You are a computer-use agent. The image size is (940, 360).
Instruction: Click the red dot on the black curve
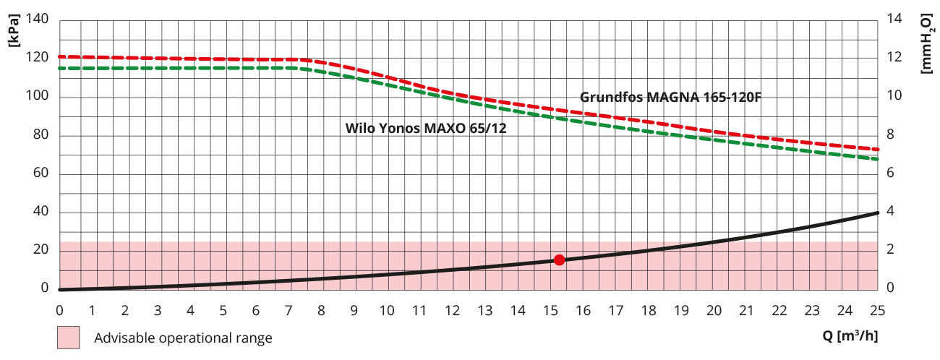559,260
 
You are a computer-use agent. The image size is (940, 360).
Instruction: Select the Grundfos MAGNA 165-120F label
670,97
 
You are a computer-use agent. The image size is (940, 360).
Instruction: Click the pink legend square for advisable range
69,338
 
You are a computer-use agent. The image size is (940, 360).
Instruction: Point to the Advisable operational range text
183,338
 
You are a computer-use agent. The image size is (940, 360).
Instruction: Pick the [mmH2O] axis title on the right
927,42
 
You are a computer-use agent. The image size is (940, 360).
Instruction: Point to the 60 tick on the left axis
40,173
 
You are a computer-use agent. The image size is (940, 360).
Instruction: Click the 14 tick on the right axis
894,20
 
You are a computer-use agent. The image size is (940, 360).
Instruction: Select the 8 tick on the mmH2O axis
891,134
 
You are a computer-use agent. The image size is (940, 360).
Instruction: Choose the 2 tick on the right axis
891,249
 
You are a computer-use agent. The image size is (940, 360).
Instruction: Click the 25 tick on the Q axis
878,310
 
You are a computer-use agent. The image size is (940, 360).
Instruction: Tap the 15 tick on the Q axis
550,310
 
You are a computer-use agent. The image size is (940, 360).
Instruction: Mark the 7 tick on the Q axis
289,310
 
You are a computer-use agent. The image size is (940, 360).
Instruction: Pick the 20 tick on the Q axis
714,310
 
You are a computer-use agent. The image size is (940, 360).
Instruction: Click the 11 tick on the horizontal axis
419,310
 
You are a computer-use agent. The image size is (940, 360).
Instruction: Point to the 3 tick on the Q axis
158,310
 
